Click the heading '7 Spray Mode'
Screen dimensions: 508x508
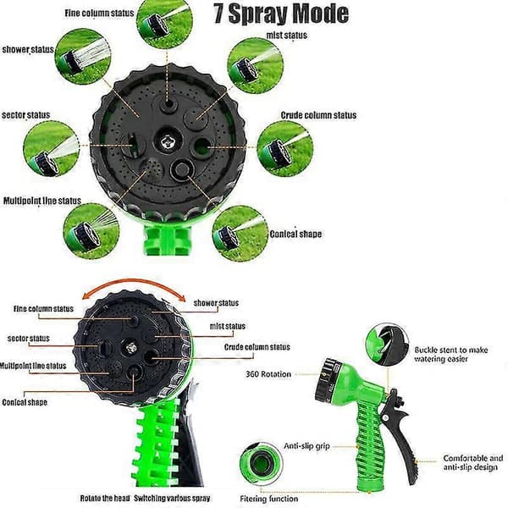pyautogui.click(x=281, y=14)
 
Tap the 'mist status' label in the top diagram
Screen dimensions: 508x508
pyautogui.click(x=287, y=35)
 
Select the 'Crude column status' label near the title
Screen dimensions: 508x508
pyautogui.click(x=318, y=115)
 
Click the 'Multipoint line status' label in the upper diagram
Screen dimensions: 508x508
pyautogui.click(x=42, y=201)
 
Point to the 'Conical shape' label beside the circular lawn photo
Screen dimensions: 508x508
pyautogui.click(x=295, y=234)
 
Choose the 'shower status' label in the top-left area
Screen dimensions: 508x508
pyautogui.click(x=28, y=49)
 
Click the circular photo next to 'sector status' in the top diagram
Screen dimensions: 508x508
pyautogui.click(x=51, y=149)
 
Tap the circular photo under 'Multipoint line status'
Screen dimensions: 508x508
pyautogui.click(x=91, y=231)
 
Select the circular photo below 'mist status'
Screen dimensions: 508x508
pyautogui.click(x=256, y=66)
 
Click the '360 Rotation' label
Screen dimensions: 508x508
pyautogui.click(x=268, y=374)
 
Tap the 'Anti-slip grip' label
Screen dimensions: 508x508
pyautogui.click(x=306, y=446)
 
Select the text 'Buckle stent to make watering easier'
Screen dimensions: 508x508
pyautogui.click(x=451, y=355)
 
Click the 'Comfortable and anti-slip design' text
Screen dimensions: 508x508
pyautogui.click(x=473, y=462)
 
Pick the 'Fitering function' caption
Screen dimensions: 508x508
pyautogui.click(x=269, y=499)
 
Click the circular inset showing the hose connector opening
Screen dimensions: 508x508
pyautogui.click(x=261, y=462)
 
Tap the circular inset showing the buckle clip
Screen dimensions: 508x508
pyautogui.click(x=388, y=345)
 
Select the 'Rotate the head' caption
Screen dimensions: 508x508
pyautogui.click(x=105, y=498)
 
